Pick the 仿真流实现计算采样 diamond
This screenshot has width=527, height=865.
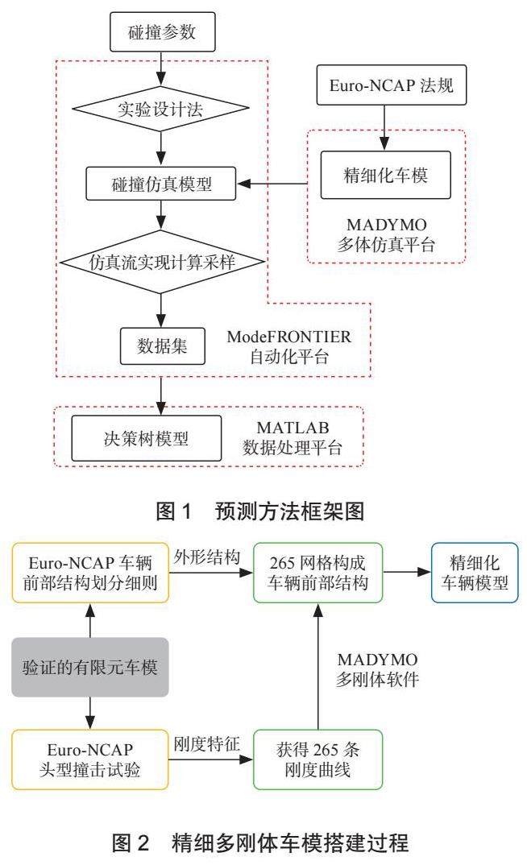tap(163, 262)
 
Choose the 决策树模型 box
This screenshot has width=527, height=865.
tap(145, 439)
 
